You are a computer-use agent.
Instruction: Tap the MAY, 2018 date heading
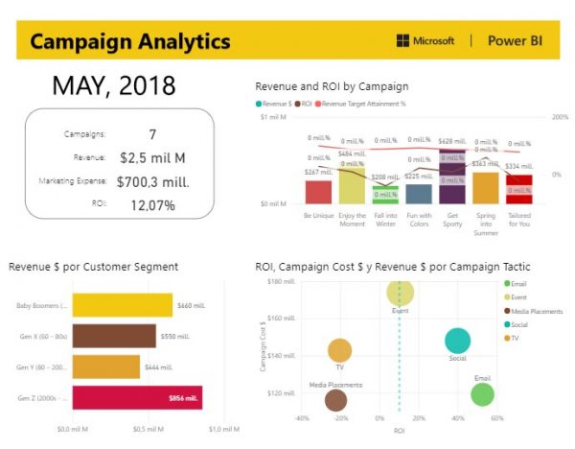coord(113,85)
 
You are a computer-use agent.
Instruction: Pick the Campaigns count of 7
coord(152,133)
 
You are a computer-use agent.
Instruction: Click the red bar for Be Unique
coord(318,192)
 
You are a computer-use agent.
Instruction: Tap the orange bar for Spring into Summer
coord(486,187)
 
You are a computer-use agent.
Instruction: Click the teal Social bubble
coord(458,341)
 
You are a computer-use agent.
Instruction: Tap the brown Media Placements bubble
coord(335,401)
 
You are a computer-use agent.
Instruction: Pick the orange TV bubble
coord(340,351)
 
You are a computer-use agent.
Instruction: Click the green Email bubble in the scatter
coord(482,393)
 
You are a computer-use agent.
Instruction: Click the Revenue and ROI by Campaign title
coord(332,86)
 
